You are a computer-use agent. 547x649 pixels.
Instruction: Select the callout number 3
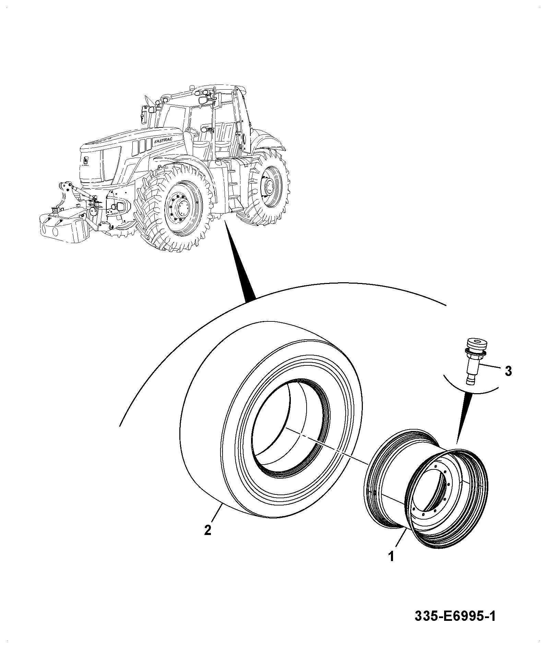508,371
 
